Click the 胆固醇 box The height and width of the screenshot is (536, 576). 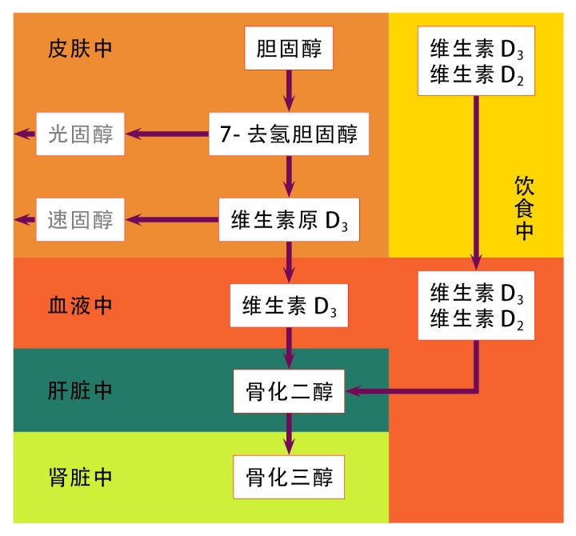288,50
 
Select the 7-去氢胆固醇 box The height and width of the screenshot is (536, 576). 288,134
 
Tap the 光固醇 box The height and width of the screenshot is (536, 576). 80,134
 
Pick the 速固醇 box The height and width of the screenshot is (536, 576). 80,218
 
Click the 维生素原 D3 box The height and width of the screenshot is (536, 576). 288,218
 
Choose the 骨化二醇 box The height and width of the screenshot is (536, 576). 288,392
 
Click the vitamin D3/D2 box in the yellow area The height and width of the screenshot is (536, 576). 476,62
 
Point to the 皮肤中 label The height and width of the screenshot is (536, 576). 80,48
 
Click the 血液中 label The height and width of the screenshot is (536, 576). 80,305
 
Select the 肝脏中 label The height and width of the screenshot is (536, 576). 80,391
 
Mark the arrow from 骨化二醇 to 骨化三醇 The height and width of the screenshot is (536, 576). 288,434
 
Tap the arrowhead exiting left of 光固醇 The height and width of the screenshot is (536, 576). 23,134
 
